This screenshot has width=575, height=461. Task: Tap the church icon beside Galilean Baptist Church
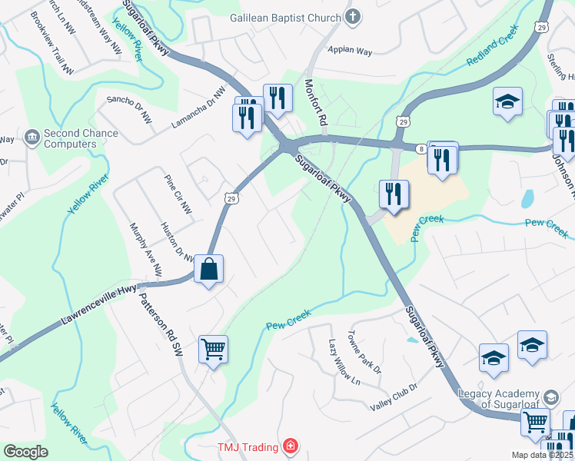pos(352,16)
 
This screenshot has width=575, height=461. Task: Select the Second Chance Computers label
pos(81,138)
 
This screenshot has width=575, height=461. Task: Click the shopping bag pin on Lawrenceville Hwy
pos(209,269)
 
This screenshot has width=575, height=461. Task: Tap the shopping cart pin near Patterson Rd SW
pos(213,350)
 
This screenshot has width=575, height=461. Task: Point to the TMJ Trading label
pos(248,446)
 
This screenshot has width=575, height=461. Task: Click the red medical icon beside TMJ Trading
pos(290,446)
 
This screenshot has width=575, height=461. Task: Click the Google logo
pos(25,452)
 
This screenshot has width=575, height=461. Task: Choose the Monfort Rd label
pos(316,103)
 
